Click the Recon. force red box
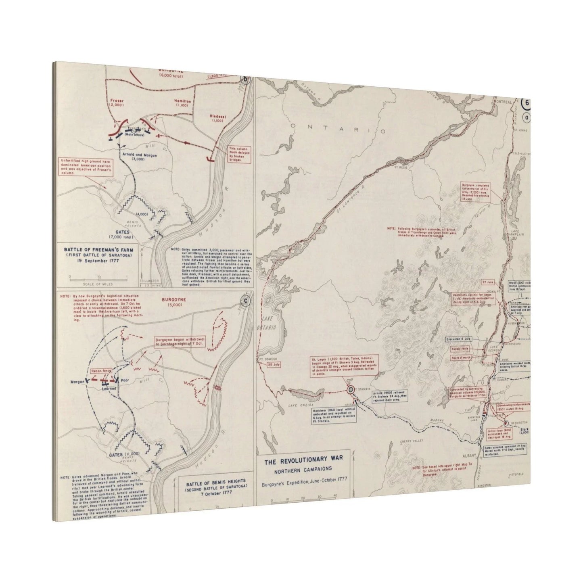click(101, 370)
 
